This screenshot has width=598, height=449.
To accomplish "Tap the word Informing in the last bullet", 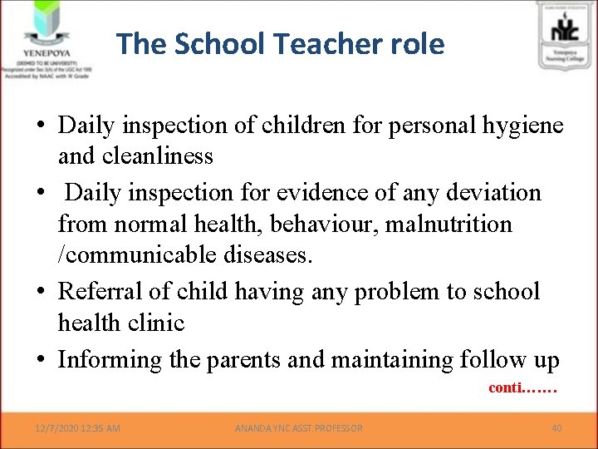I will pos(110,359).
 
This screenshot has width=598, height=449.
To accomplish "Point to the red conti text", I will pos(522,387).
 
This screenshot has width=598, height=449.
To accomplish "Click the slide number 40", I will pos(556,428).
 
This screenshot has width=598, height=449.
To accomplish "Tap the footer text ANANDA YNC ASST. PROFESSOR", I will pos(299,428).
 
